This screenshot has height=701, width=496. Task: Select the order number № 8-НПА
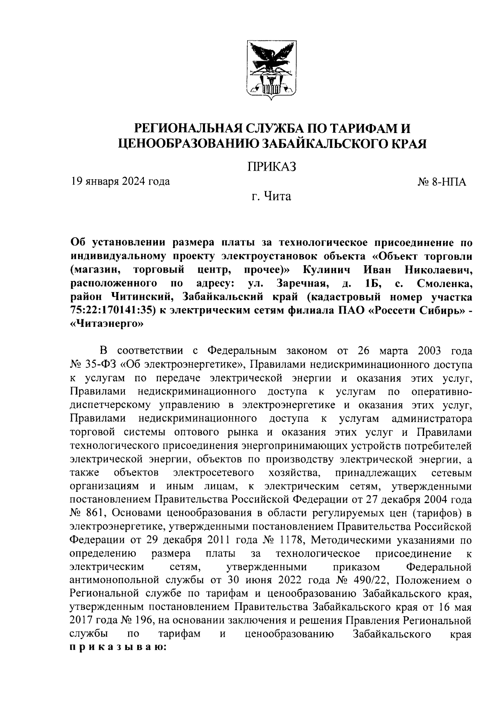pyautogui.click(x=442, y=182)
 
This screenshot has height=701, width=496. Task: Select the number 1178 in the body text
pyautogui.click(x=290, y=540)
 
